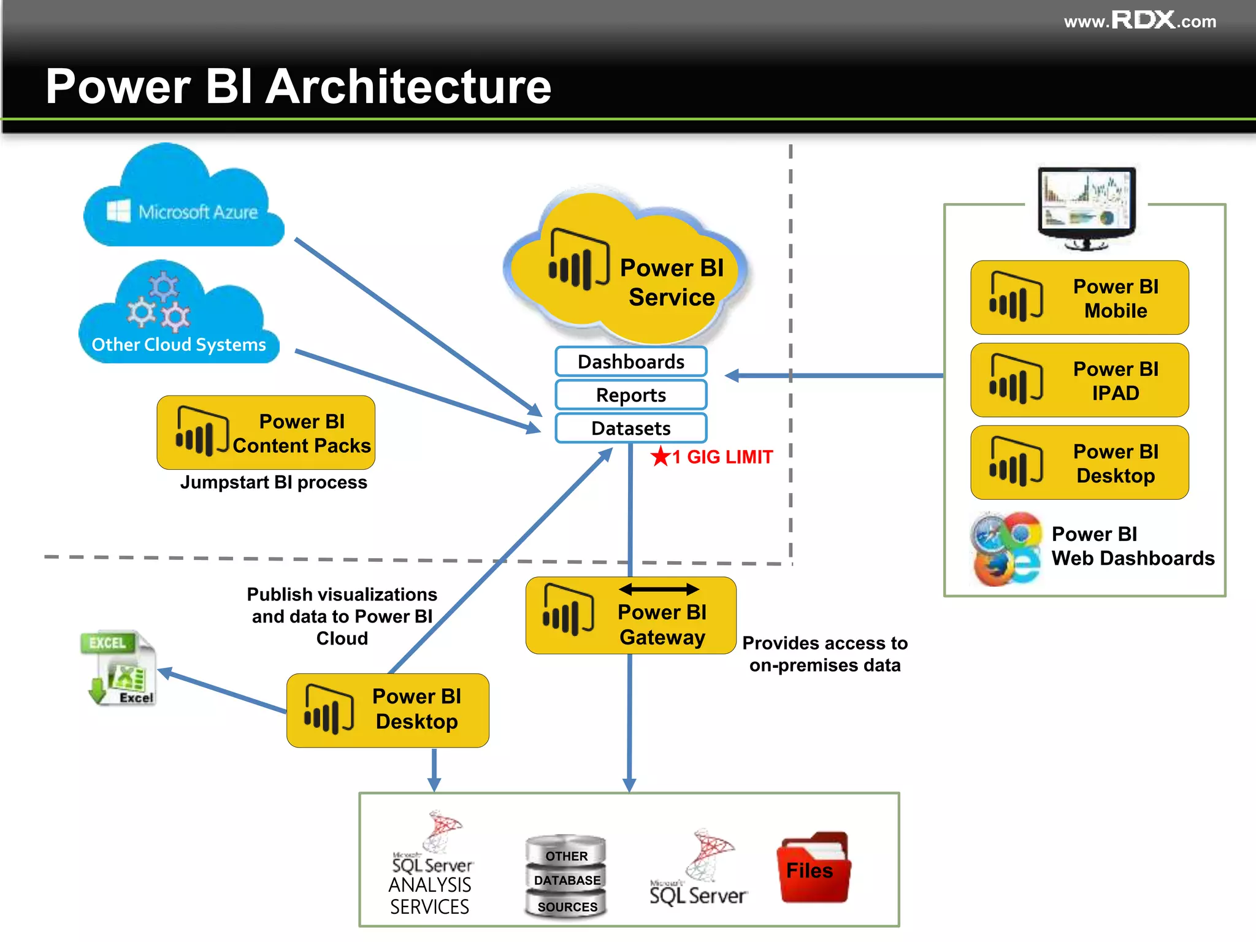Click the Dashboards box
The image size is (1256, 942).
630,362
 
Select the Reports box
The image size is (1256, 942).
630,395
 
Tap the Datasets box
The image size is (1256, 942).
630,428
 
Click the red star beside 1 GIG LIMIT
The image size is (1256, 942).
661,456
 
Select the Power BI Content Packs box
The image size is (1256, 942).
266,433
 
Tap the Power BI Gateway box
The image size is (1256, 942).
630,616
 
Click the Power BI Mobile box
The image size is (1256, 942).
1079,298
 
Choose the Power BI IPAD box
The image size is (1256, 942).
1079,380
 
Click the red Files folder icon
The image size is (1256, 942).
813,868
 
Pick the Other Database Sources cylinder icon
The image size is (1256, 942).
566,877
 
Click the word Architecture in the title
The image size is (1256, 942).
409,86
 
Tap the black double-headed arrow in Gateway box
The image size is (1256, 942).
659,589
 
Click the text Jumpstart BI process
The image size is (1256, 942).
274,483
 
